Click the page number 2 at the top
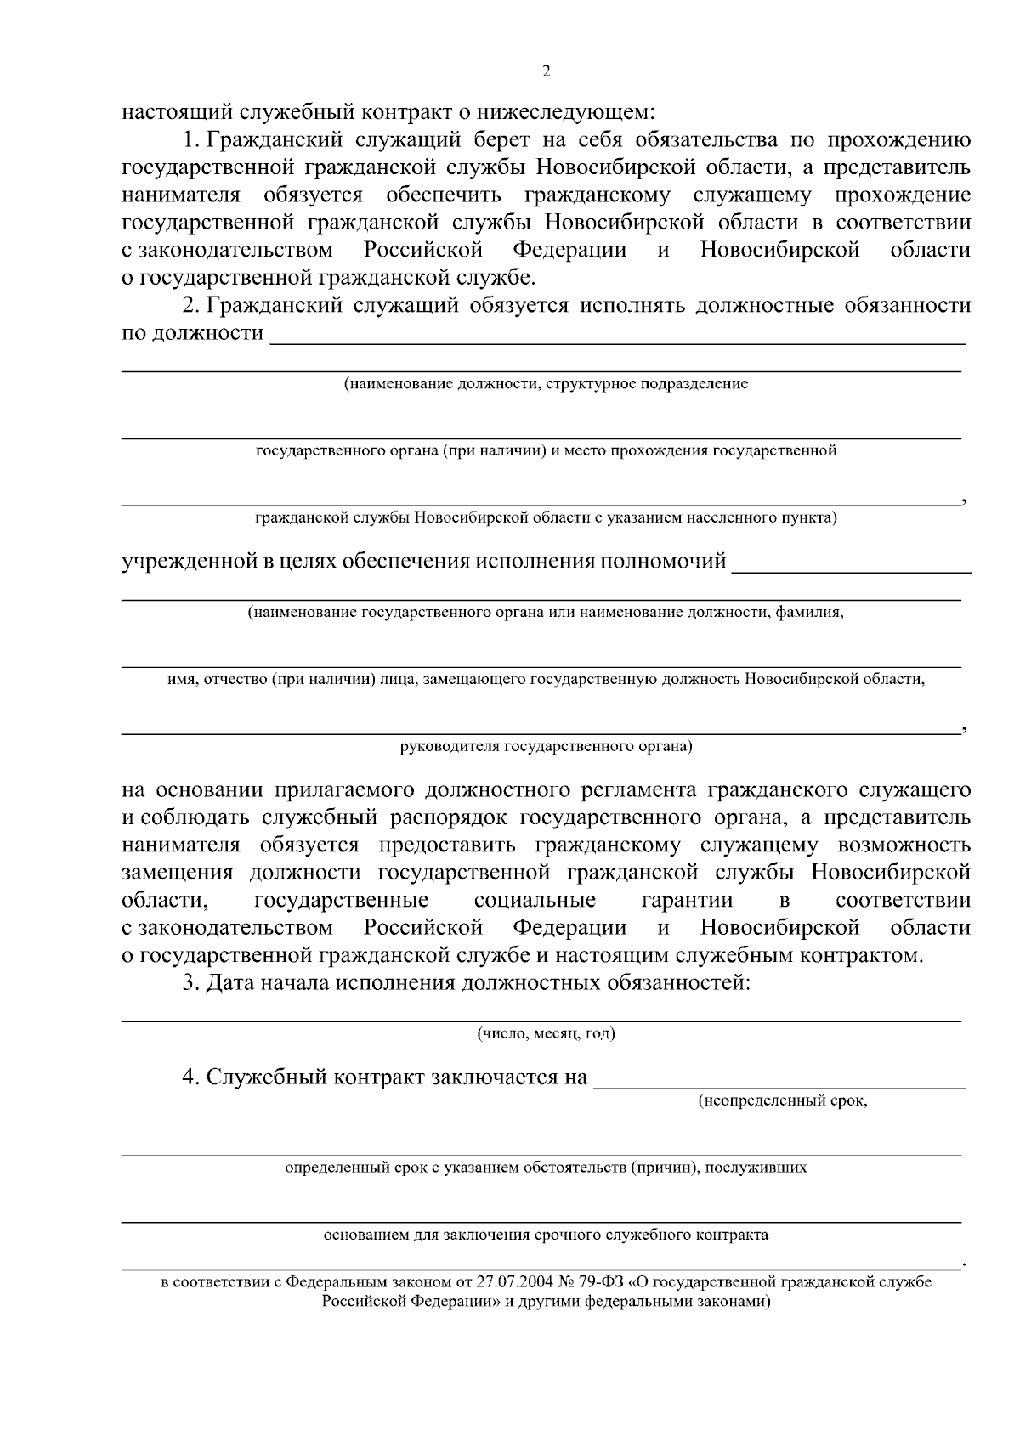click(546, 72)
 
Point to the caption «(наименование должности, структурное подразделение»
click(546, 384)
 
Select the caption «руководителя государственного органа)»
click(546, 747)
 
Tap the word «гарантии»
click(688, 901)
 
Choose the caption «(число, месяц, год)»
click(546, 1033)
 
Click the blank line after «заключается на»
click(779, 1083)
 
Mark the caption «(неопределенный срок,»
click(782, 1101)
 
